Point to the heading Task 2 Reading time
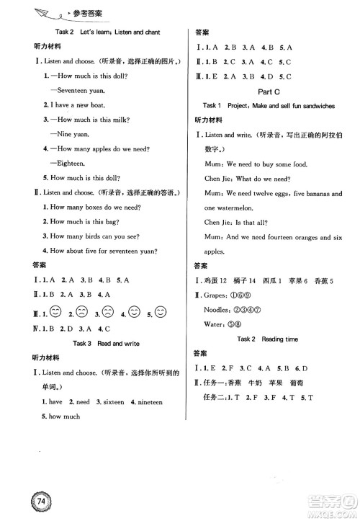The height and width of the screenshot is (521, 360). point(271,338)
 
